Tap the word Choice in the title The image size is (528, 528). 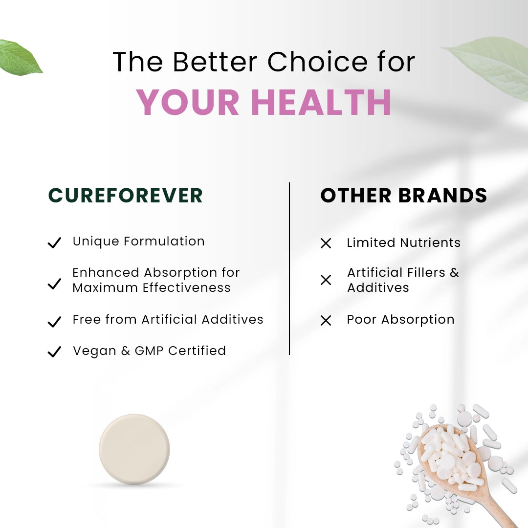(318, 62)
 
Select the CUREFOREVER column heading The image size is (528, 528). (125, 195)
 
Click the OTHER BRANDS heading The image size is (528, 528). (403, 195)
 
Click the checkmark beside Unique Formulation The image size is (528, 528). (54, 242)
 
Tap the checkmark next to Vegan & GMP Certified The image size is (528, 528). (54, 352)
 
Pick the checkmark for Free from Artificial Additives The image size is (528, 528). (54, 322)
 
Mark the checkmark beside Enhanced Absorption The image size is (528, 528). (54, 284)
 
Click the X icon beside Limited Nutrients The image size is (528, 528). (326, 243)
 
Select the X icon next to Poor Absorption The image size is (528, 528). (326, 320)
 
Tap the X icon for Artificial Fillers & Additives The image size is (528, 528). (326, 280)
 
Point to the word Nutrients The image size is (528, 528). (430, 242)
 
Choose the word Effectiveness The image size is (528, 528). (187, 287)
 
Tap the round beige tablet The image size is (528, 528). (134, 449)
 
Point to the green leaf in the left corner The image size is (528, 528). (20, 57)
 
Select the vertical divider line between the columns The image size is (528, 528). (289, 268)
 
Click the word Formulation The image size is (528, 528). (164, 241)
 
